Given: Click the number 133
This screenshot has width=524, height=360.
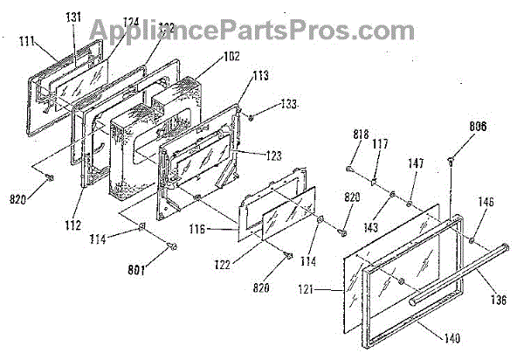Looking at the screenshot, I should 287,106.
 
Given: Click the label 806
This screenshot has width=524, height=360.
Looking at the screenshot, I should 452,128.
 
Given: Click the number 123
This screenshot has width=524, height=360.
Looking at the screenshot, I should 274,156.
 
